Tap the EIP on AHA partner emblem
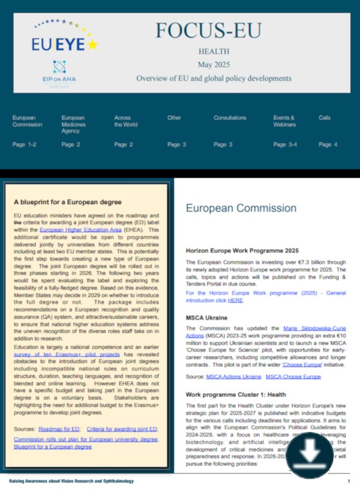point(59,73)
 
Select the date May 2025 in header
point(213,65)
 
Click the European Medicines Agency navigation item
point(74,124)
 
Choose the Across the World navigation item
point(126,121)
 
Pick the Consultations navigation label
point(230,118)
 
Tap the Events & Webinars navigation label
point(284,121)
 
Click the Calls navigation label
point(325,118)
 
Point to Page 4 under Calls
point(328,144)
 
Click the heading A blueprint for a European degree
point(67,202)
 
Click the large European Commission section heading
point(241,208)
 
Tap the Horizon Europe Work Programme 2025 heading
point(242,250)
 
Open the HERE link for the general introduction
point(235,301)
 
